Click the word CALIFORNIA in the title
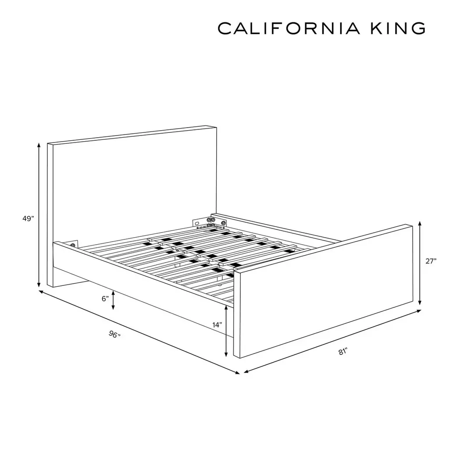coord(289,29)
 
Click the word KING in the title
coord(398,29)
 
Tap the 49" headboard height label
coord(28,218)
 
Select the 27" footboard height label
coord(431,261)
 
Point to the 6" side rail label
coord(105,299)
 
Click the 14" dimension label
coord(217,325)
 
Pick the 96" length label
coord(114,334)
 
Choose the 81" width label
coord(343,351)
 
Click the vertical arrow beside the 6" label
coord(114,300)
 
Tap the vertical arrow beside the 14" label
coord(226,331)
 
